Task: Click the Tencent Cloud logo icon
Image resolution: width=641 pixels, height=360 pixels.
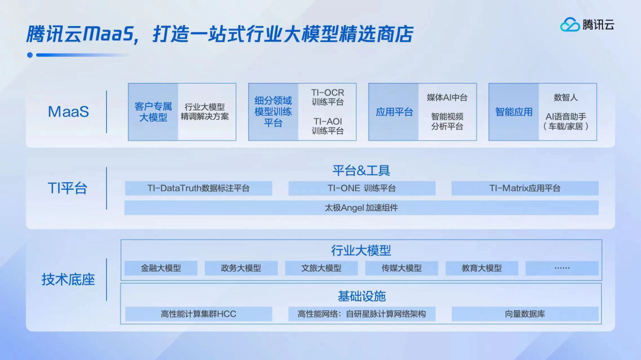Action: pyautogui.click(x=570, y=24)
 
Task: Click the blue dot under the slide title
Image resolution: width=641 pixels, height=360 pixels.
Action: pyautogui.click(x=30, y=55)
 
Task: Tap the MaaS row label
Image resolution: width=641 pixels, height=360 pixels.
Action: pyautogui.click(x=68, y=111)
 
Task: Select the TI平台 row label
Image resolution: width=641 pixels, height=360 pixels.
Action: pyautogui.click(x=68, y=188)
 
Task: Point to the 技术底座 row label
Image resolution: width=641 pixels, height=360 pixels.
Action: pyautogui.click(x=68, y=279)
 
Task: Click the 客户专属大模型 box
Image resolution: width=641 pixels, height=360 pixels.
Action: pyautogui.click(x=153, y=112)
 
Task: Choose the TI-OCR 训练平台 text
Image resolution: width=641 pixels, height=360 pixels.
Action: pyautogui.click(x=328, y=97)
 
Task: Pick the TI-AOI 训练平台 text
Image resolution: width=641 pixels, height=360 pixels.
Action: pyautogui.click(x=328, y=126)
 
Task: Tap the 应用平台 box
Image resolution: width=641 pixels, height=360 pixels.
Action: pyautogui.click(x=394, y=112)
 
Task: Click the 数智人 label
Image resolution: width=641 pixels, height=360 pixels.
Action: pyautogui.click(x=566, y=97)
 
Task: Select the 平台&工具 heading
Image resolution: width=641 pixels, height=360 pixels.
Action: pyautogui.click(x=361, y=170)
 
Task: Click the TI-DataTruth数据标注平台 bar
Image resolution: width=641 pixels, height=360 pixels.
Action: pyautogui.click(x=199, y=189)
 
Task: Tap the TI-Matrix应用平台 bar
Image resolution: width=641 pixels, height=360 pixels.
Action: pyautogui.click(x=525, y=189)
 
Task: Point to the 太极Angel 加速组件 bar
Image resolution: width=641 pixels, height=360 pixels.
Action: pyautogui.click(x=361, y=208)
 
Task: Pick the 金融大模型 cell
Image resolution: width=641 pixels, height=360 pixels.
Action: pyautogui.click(x=161, y=268)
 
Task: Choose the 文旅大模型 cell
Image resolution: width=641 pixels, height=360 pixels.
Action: pyautogui.click(x=321, y=268)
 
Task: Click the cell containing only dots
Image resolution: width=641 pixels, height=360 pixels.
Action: pyautogui.click(x=562, y=268)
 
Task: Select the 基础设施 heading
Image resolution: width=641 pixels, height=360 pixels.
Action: pyautogui.click(x=361, y=297)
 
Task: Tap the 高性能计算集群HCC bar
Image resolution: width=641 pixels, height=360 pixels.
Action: pyautogui.click(x=199, y=314)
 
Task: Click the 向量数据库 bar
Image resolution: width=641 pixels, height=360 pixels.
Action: pyautogui.click(x=525, y=314)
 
